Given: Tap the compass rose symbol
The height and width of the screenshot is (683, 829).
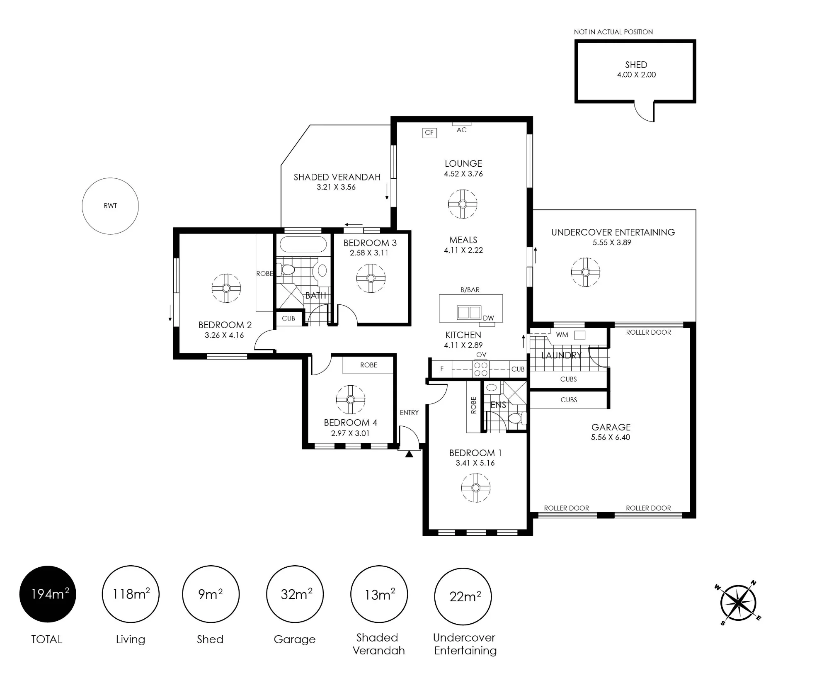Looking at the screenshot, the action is [x=738, y=603].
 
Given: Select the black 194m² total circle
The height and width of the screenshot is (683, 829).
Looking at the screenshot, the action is [x=48, y=594].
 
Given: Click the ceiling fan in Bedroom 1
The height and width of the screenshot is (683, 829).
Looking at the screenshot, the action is [x=475, y=488].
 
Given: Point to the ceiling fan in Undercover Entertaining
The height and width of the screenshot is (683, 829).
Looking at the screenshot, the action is [x=585, y=272].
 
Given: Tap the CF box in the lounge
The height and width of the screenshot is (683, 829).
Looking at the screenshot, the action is [x=429, y=133].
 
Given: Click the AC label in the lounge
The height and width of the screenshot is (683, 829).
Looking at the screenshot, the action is [x=461, y=130].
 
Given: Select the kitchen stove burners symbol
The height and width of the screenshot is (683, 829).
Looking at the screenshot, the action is [x=481, y=369].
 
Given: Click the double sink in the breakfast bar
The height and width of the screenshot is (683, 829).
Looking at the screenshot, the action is [x=469, y=312].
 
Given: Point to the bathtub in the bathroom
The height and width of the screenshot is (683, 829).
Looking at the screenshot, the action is [x=303, y=244].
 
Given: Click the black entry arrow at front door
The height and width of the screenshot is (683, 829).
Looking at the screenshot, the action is [x=409, y=454].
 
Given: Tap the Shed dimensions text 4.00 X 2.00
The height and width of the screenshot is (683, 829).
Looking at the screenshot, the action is [x=636, y=75].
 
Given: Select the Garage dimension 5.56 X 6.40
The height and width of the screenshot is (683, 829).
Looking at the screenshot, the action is [x=611, y=437].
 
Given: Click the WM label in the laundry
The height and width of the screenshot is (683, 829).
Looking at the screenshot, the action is [x=562, y=335].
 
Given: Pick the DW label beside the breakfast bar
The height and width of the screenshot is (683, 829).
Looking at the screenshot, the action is [x=488, y=318].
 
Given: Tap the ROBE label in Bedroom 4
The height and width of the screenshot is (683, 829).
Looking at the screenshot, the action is [x=368, y=365].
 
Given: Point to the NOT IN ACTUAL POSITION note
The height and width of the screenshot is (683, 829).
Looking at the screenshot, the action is [x=613, y=32].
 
